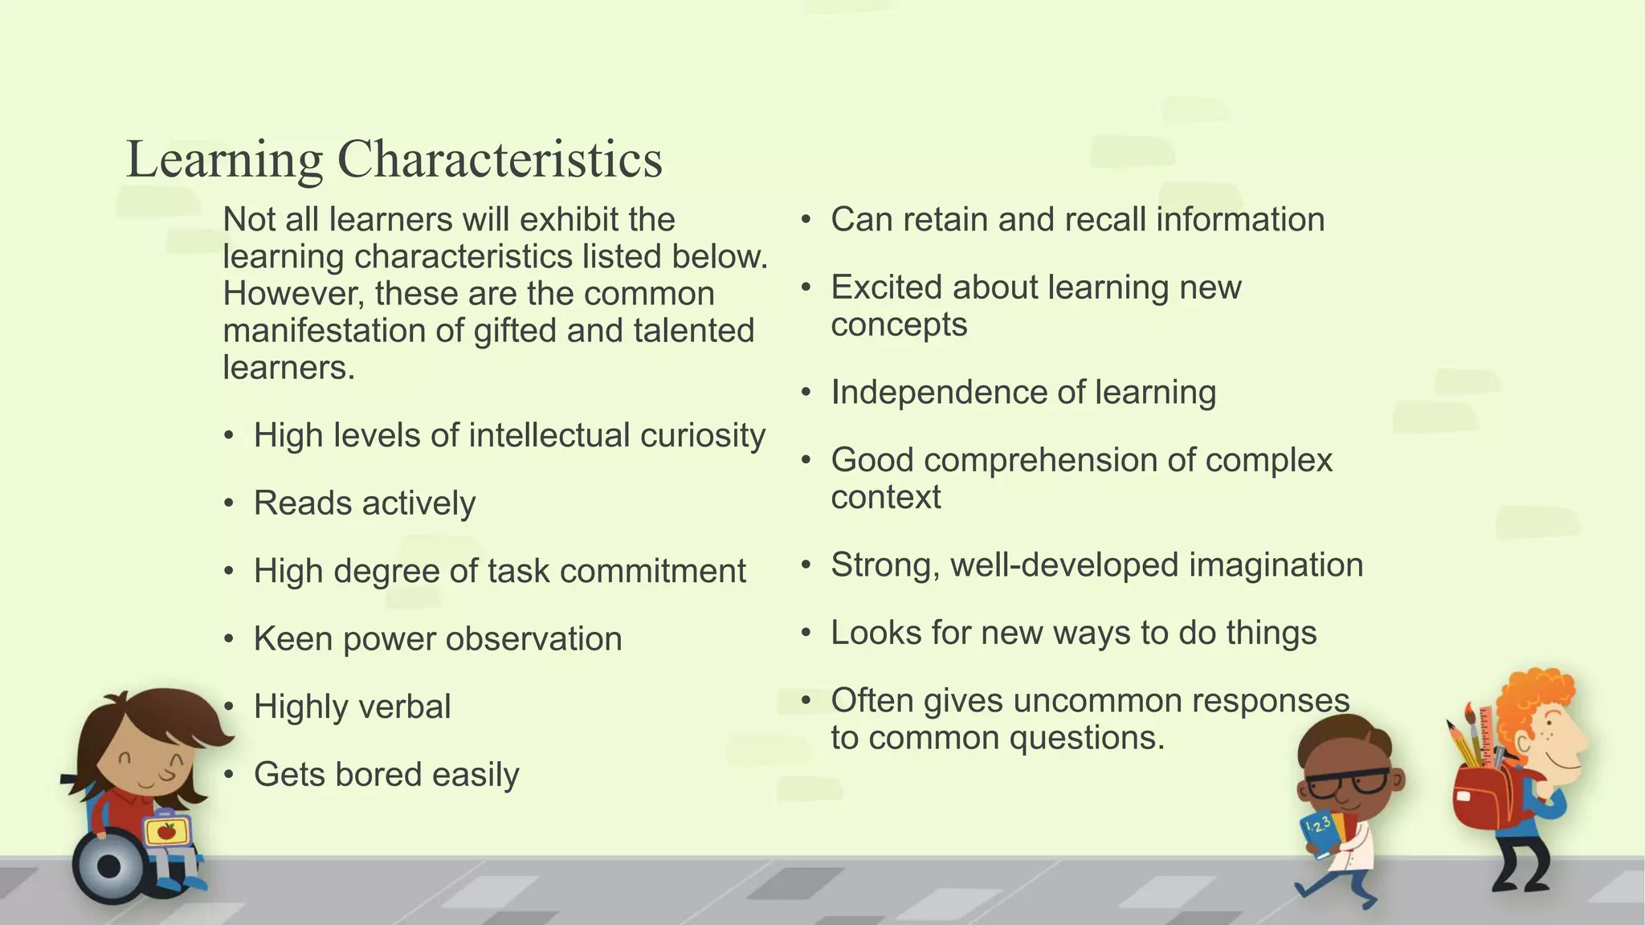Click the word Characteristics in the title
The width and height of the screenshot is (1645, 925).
click(499, 159)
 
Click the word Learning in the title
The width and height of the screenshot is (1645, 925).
click(224, 159)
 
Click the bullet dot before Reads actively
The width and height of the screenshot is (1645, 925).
click(230, 504)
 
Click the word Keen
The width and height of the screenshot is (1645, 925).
click(292, 639)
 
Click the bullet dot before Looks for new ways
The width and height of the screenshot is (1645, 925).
click(806, 634)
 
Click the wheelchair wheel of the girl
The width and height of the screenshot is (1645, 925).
click(108, 867)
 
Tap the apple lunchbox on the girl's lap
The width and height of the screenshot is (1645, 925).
click(166, 831)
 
